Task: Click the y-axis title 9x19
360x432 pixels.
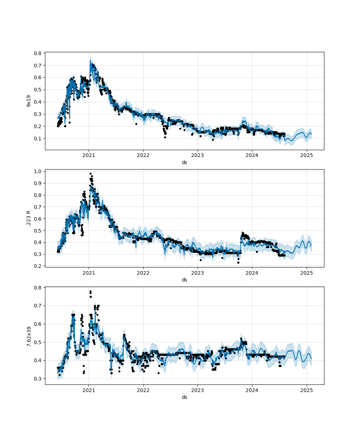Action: [x=28, y=101]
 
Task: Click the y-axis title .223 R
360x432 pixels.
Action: [x=28, y=219]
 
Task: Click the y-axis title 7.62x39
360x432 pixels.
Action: [x=28, y=336]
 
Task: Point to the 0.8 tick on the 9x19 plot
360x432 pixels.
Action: [x=37, y=53]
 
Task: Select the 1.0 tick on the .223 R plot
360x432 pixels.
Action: [x=37, y=171]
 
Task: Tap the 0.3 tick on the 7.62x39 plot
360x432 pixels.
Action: [x=37, y=379]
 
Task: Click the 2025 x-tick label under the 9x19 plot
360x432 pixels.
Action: [x=306, y=156]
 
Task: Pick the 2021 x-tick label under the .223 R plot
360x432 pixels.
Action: [x=89, y=273]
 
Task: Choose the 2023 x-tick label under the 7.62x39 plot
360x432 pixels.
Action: [x=197, y=390]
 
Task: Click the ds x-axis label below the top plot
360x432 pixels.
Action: [x=184, y=162]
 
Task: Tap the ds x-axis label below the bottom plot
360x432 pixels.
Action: [x=184, y=397]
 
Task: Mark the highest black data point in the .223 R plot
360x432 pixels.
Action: [x=90, y=174]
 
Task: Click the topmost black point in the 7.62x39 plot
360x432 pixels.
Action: [x=90, y=291]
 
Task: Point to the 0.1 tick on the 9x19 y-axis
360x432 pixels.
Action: [x=37, y=139]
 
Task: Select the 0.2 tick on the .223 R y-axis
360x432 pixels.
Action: [x=37, y=266]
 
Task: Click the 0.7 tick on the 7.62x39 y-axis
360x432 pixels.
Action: [x=37, y=306]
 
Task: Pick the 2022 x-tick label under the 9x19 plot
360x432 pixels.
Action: [x=143, y=156]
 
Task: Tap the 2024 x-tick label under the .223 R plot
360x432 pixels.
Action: [x=252, y=273]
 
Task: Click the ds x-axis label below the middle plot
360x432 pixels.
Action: [x=184, y=280]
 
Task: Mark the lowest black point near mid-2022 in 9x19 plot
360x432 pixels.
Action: [x=165, y=137]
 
